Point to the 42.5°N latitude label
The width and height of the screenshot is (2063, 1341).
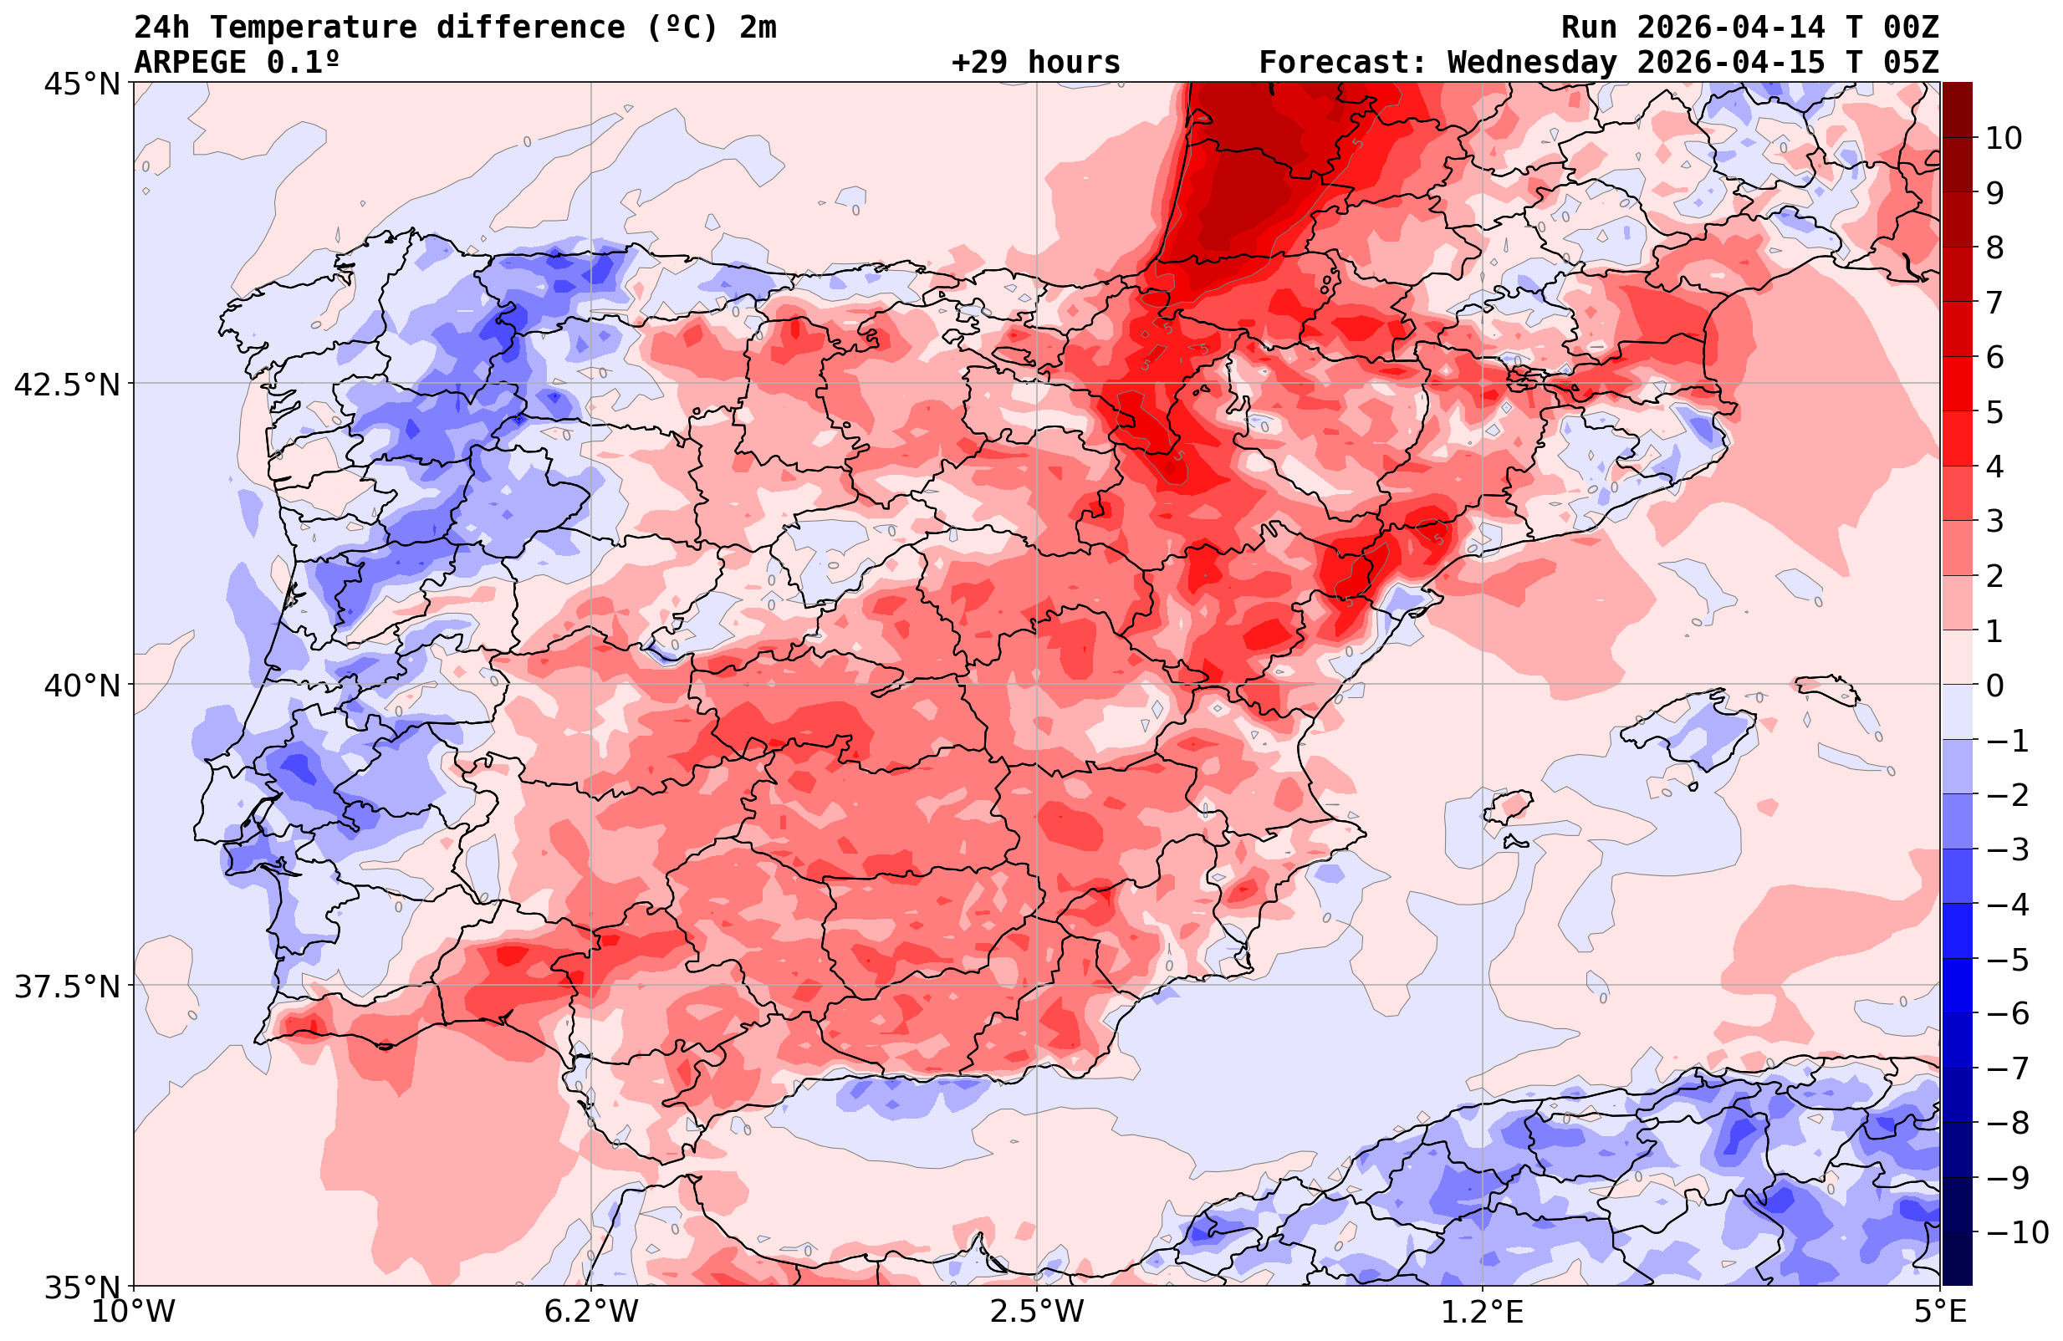(67, 385)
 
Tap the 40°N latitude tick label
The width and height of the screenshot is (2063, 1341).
(82, 686)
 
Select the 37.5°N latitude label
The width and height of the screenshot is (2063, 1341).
(67, 987)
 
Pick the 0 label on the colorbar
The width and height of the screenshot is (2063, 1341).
(1994, 686)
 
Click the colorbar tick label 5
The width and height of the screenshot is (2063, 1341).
(1994, 413)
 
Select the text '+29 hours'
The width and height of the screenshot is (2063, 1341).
(1036, 63)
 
